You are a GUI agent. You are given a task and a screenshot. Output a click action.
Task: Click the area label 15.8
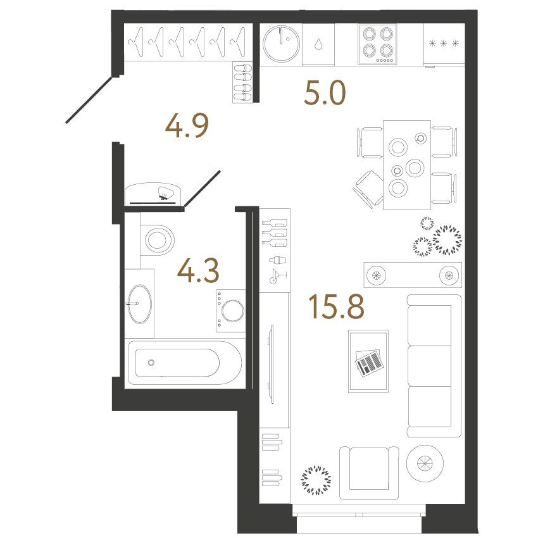[x=336, y=306]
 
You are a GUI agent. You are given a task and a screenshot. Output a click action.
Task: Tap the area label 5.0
[x=325, y=93]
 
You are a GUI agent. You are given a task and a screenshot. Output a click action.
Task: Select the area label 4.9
[x=187, y=126]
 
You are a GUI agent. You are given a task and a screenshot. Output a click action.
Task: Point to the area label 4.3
[x=198, y=271]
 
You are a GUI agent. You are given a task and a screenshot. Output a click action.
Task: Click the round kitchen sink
[x=281, y=44]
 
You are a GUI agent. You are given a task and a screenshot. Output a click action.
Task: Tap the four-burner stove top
[x=377, y=44]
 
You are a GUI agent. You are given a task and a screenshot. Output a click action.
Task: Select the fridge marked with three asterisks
[x=444, y=44]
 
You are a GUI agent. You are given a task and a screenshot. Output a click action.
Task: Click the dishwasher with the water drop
[x=318, y=44]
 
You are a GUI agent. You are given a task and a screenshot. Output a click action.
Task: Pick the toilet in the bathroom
[x=158, y=239]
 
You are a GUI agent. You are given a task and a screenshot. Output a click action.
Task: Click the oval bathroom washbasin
[x=139, y=303]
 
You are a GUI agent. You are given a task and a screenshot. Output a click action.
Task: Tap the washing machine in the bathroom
[x=230, y=311]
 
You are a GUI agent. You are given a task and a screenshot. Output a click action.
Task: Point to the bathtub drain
[x=151, y=362]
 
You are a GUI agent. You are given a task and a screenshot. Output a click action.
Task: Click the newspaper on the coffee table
[x=369, y=363]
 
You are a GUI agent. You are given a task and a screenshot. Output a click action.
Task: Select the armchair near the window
[x=369, y=473]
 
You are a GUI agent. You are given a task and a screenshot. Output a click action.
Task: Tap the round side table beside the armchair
[x=425, y=463]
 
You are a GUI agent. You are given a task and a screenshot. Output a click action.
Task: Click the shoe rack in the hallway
[x=242, y=82]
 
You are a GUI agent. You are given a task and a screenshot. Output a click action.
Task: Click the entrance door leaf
[x=89, y=100]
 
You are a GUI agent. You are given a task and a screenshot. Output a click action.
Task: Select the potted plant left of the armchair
[x=316, y=480]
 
